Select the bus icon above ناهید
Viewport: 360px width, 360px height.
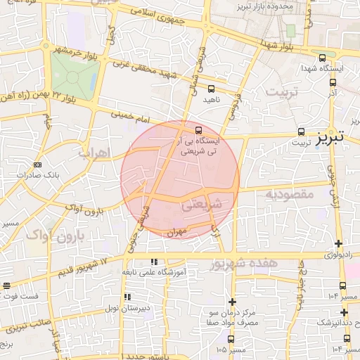pos(212,89)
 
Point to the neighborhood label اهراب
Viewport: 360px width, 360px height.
pos(92,152)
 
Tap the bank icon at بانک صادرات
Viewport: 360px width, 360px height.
pos(37,165)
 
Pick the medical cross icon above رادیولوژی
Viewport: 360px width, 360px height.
pos(338,243)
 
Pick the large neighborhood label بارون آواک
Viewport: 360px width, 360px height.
pos(53,235)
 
